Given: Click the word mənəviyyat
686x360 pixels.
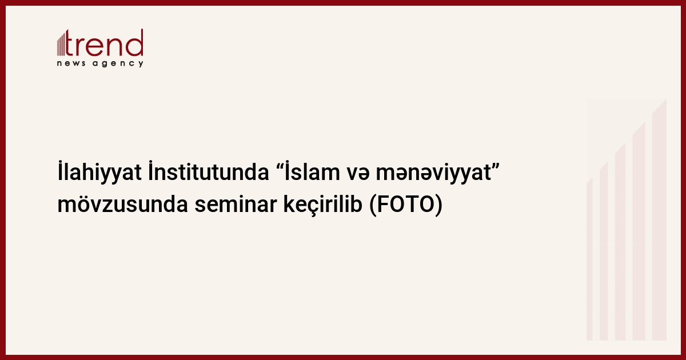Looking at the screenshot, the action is [x=434, y=174].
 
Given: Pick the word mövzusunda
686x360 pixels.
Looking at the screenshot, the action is [x=122, y=205].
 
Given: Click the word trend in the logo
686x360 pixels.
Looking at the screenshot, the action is [x=104, y=43].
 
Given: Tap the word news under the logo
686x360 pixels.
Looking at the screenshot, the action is [x=71, y=63].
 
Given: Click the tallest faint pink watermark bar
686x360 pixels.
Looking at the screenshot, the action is [x=659, y=221].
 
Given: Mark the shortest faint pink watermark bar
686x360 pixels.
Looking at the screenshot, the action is [x=589, y=260].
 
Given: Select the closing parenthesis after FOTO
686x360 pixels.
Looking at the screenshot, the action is [x=439, y=205].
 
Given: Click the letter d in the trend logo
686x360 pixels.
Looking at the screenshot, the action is [x=135, y=42].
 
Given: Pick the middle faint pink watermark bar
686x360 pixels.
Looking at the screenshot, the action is [x=620, y=242].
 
